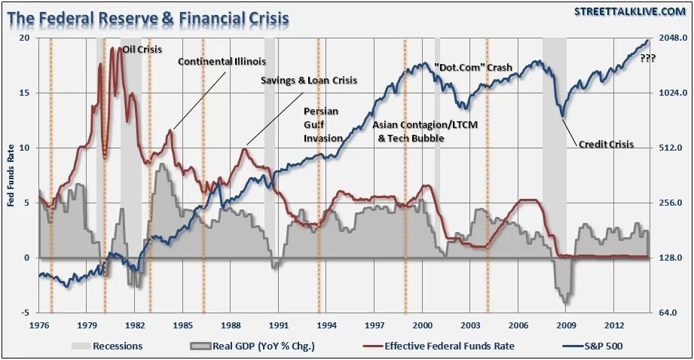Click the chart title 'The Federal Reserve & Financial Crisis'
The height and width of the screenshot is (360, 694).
click(148, 17)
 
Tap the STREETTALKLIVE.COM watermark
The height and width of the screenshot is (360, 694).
click(627, 11)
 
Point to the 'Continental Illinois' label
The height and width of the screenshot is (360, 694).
click(222, 62)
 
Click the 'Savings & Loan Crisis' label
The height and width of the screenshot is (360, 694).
click(309, 80)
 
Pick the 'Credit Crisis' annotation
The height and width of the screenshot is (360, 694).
click(607, 144)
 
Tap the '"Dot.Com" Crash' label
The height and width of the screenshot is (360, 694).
click(473, 68)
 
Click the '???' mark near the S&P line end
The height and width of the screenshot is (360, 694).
click(647, 58)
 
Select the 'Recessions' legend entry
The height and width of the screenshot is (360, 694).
click(107, 346)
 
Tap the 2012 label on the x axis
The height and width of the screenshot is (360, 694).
click(614, 325)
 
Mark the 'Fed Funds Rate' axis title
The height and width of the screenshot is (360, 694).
click(11, 175)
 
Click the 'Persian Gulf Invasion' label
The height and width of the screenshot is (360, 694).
click(322, 124)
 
